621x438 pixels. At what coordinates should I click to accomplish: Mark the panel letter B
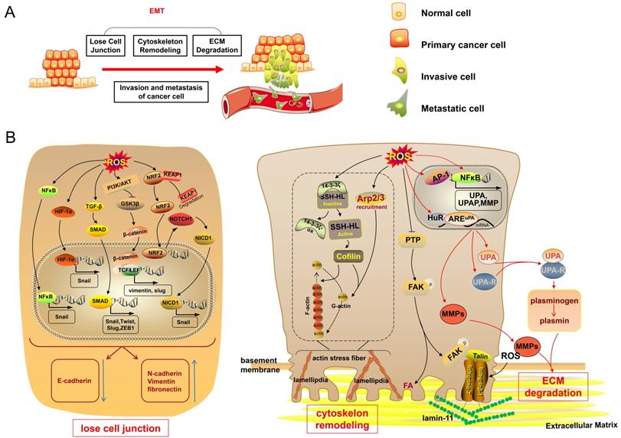[x=11, y=138]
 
